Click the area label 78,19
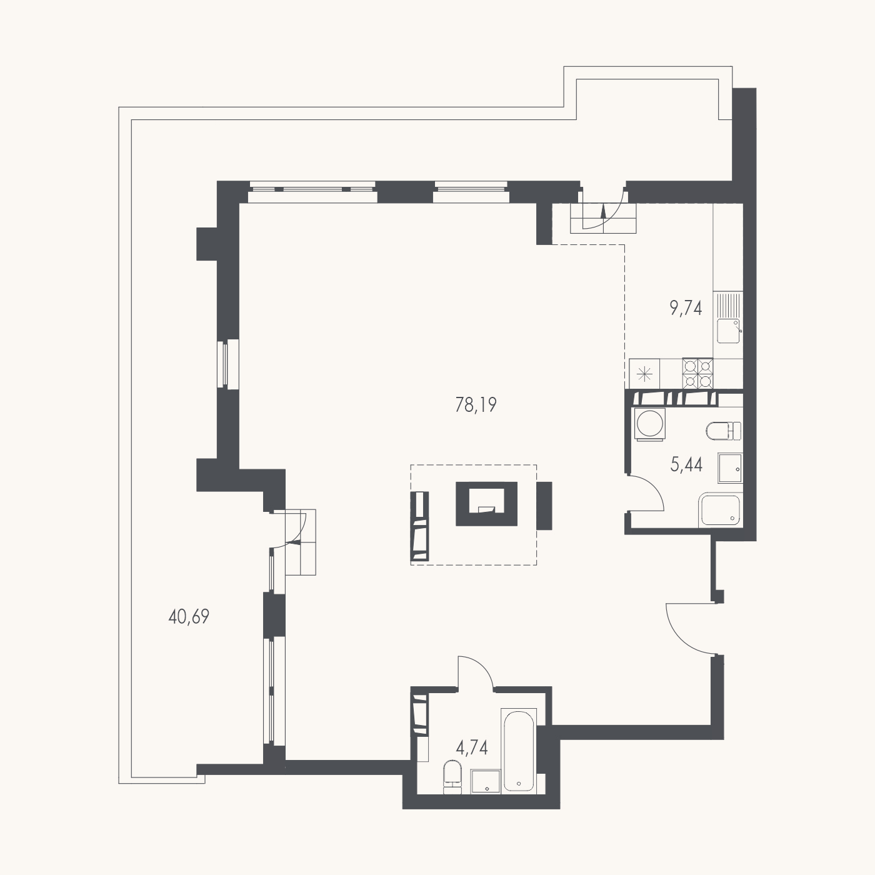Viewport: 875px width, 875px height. pos(476,404)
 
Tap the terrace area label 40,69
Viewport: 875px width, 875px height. pos(189,617)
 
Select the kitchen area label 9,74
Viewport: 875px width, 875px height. pos(686,308)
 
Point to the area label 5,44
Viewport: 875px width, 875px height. pos(686,465)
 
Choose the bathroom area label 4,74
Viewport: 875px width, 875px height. pos(472,747)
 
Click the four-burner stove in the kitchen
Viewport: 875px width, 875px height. pos(697,374)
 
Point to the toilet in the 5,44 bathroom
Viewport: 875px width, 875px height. pos(724,431)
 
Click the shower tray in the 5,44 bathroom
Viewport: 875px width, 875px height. pos(720,509)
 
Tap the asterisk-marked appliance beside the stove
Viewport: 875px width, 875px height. pos(645,374)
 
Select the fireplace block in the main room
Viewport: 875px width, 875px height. pos(487,504)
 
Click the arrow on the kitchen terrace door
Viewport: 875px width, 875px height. pos(603,212)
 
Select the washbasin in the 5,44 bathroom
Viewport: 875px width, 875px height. pos(730,467)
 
